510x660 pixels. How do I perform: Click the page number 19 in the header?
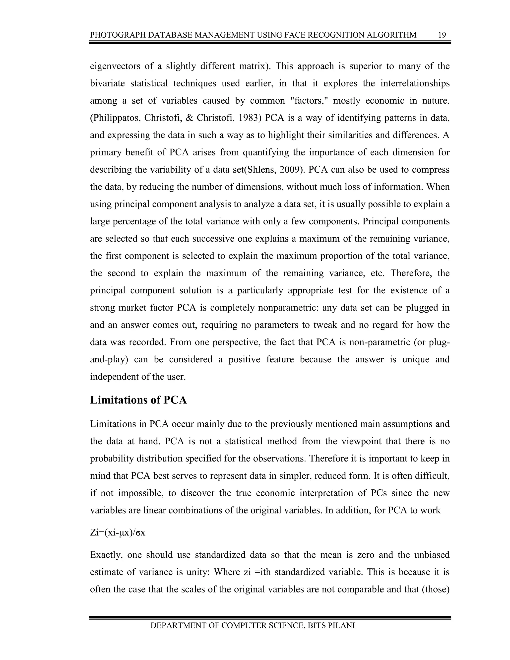click(442, 35)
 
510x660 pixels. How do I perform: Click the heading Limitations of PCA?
click(138, 400)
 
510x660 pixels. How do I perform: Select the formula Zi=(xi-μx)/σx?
click(118, 532)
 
